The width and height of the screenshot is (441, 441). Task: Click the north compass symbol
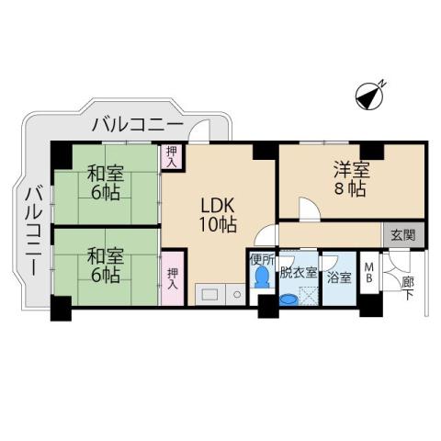[370, 95]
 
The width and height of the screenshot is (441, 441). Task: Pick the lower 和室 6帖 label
[107, 261]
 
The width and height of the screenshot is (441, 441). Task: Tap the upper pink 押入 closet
[172, 156]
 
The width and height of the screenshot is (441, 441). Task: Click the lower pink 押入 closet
[172, 278]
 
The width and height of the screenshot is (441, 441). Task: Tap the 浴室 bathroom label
[338, 275]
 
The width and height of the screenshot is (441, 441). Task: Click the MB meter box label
[368, 273]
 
